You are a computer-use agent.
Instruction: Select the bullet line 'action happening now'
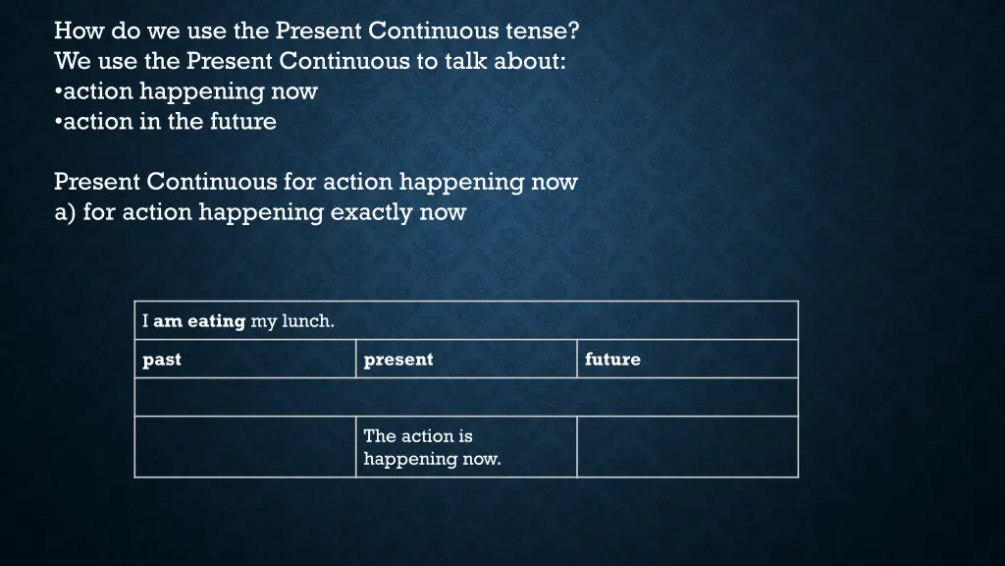coord(186,91)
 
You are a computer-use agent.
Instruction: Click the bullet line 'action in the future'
coord(166,122)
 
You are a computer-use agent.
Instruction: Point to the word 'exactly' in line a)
coord(369,212)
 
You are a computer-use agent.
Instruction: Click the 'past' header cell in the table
coord(244,360)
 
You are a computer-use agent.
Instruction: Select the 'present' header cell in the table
coord(466,360)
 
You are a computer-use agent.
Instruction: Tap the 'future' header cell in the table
coord(687,360)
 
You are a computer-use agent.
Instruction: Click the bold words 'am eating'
coord(199,321)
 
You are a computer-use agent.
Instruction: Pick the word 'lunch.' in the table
coord(308,321)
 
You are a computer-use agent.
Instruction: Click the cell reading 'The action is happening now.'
coord(466,447)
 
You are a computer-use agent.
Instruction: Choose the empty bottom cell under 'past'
coord(244,447)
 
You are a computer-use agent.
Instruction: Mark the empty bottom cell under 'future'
coord(687,447)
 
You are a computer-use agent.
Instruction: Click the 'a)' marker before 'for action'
coord(65,212)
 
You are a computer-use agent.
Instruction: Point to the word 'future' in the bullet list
coord(242,122)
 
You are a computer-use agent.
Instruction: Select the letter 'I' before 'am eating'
coord(145,321)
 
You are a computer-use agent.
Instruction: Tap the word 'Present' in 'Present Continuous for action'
coord(97,182)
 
